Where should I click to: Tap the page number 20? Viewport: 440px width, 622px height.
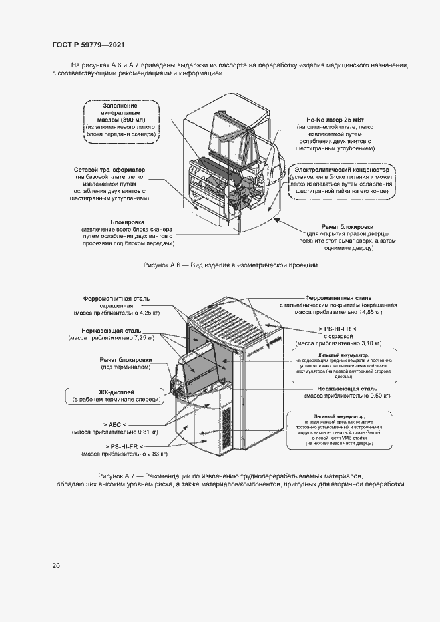[56, 565]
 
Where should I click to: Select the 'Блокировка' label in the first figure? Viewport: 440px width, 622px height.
[128, 222]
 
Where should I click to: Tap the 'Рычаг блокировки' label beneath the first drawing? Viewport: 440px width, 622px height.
[347, 226]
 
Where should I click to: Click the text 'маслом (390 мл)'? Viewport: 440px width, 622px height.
[120, 120]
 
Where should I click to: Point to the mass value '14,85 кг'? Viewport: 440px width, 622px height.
[366, 311]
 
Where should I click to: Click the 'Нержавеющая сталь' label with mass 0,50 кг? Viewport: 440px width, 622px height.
[347, 389]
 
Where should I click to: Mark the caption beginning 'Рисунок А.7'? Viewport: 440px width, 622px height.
[230, 477]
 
